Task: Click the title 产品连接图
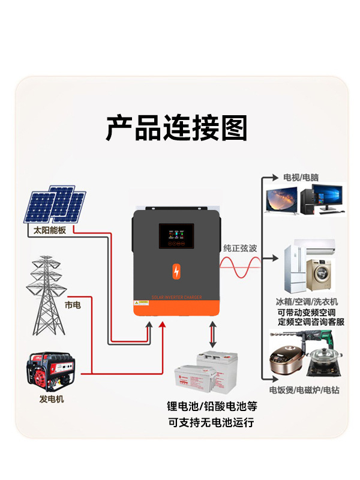click(x=176, y=128)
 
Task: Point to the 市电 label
click(x=73, y=305)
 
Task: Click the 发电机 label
click(x=52, y=399)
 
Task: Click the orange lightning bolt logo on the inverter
click(x=176, y=270)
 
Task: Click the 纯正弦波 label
click(x=240, y=247)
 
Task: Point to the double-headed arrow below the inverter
click(x=213, y=337)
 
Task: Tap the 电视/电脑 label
click(x=301, y=178)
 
